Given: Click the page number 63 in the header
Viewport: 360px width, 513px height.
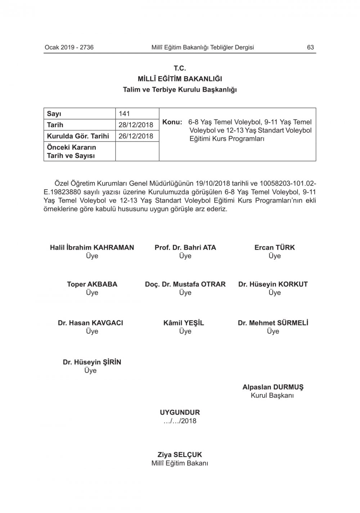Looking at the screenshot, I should pyautogui.click(x=310, y=47).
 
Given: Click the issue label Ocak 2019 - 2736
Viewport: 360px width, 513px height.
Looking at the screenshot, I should pyautogui.click(x=69, y=47).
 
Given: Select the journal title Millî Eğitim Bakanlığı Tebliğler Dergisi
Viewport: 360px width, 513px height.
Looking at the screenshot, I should pyautogui.click(x=203, y=47).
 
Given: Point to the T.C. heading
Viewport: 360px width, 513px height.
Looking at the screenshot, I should pyautogui.click(x=180, y=68).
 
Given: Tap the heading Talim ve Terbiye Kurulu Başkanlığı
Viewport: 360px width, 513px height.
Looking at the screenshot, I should pyautogui.click(x=180, y=90).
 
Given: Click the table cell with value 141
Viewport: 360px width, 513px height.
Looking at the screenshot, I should pyautogui.click(x=124, y=114).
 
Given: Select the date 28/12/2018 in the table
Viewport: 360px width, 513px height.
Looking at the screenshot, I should pyautogui.click(x=136, y=125).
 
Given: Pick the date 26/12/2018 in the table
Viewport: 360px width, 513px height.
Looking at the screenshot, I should pyautogui.click(x=136, y=136).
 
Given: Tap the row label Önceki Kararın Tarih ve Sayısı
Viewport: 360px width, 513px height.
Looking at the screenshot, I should pyautogui.click(x=71, y=151).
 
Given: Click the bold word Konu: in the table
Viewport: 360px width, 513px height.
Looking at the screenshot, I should pyautogui.click(x=172, y=122).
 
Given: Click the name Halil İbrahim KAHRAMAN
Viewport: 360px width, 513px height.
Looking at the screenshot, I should pyautogui.click(x=92, y=247).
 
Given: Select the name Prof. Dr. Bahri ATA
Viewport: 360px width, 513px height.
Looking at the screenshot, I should pyautogui.click(x=185, y=247).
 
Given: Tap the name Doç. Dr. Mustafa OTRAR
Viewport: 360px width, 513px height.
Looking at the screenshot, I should pyautogui.click(x=185, y=284).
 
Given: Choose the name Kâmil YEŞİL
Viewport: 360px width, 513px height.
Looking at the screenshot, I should pyautogui.click(x=184, y=323).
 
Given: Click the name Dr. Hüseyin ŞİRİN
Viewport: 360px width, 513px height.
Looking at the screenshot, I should pyautogui.click(x=92, y=362).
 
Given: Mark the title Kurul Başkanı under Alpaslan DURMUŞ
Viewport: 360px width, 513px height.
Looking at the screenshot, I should pyautogui.click(x=273, y=396).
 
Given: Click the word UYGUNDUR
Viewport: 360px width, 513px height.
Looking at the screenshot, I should pyautogui.click(x=180, y=412).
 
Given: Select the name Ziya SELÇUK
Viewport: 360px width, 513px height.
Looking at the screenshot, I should pyautogui.click(x=180, y=455).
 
